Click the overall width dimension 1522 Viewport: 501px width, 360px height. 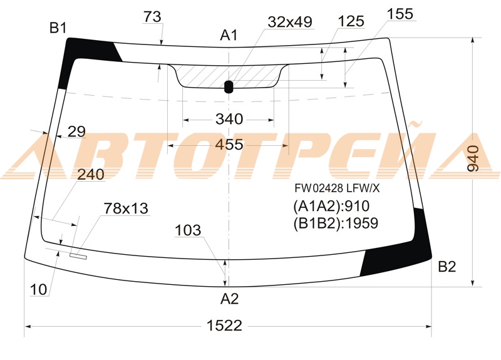click(224, 326)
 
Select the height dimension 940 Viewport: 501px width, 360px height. click(473, 159)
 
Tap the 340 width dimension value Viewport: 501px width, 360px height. click(229, 119)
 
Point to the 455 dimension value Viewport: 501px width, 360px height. click(229, 145)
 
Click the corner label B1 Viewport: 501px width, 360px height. click(58, 28)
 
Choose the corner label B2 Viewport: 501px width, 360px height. click(447, 267)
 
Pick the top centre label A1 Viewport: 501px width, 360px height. click(229, 35)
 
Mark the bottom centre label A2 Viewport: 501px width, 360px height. click(229, 299)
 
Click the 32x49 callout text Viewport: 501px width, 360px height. click(290, 22)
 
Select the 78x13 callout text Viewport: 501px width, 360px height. click(126, 208)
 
